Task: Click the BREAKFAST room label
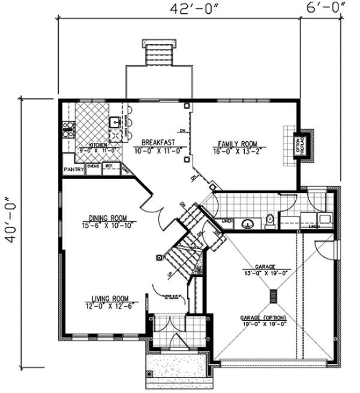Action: click(x=158, y=142)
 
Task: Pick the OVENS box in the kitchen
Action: click(x=93, y=167)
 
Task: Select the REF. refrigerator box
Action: click(x=110, y=167)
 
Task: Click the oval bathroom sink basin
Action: click(x=247, y=224)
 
